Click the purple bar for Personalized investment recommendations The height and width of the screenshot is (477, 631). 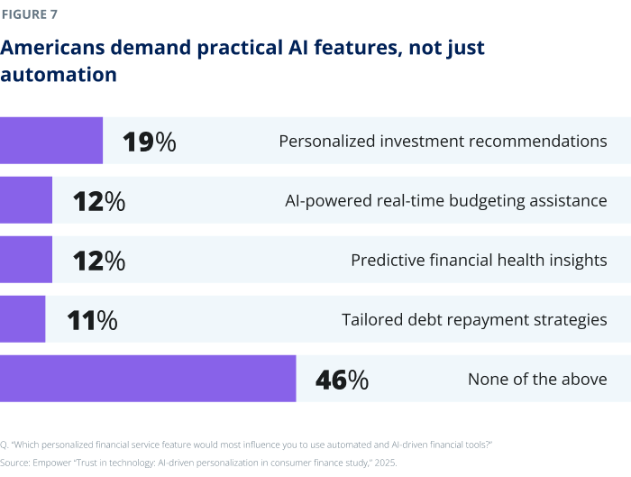click(51, 141)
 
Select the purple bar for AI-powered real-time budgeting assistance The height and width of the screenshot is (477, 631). click(26, 200)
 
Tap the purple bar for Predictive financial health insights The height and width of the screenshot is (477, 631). click(26, 260)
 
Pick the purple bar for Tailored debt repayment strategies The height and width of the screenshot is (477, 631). click(23, 319)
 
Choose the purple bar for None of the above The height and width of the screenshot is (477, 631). click(148, 379)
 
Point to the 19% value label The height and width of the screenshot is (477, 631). click(149, 142)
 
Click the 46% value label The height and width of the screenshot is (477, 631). click(342, 380)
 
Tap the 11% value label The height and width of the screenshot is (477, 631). click(92, 320)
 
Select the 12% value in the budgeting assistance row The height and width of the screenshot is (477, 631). click(99, 201)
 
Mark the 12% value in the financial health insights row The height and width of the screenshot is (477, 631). click(99, 261)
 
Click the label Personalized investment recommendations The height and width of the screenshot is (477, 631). click(443, 142)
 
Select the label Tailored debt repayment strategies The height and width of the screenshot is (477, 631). click(474, 320)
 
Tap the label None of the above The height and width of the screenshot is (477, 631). click(537, 380)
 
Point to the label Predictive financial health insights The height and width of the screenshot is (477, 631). click(479, 261)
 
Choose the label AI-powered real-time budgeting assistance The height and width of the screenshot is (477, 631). click(445, 201)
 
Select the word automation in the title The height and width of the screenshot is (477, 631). click(59, 75)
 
